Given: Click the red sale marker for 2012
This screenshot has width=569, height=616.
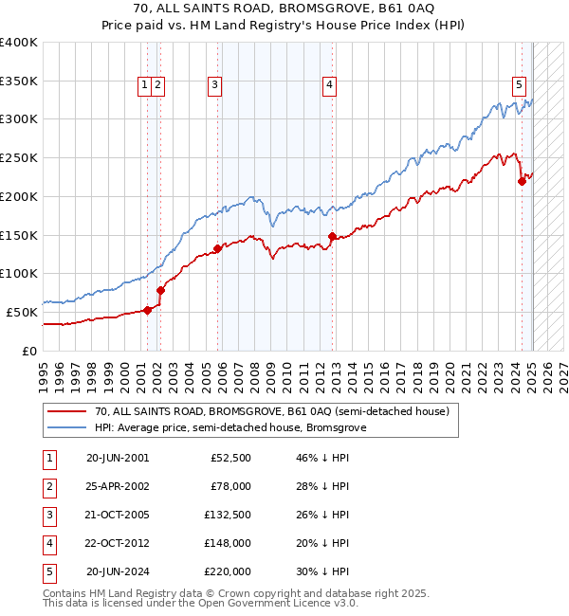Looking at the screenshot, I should [x=332, y=236].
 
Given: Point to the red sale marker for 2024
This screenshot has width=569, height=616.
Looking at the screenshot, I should [x=522, y=181].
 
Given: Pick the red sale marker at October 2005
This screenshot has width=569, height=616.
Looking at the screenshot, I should [x=218, y=248].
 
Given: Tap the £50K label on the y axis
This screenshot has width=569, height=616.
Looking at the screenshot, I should [x=22, y=312].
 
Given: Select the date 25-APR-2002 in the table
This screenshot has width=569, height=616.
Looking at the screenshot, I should [x=118, y=486].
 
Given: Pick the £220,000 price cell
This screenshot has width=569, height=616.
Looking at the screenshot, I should [x=228, y=571].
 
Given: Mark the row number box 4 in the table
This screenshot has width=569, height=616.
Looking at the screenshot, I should [x=48, y=543].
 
